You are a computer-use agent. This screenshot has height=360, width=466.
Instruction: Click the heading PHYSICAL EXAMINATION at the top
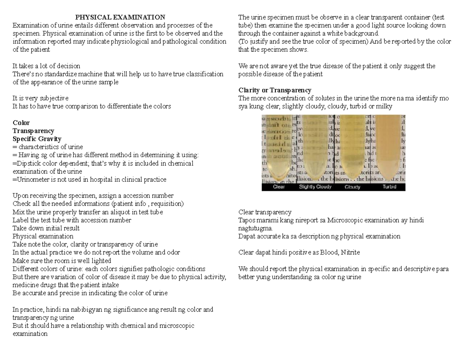[120, 17]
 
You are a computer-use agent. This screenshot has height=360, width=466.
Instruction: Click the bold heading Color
[21, 123]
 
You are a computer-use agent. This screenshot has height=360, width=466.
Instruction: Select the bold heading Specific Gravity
[37, 139]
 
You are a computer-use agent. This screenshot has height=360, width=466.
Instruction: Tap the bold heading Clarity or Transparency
[275, 90]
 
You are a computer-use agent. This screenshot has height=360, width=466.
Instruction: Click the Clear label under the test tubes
[279, 187]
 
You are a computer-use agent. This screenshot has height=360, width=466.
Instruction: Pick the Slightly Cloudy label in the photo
[315, 187]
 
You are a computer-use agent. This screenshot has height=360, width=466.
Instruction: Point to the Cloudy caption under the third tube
[352, 187]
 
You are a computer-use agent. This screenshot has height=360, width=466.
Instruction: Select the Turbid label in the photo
[389, 187]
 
